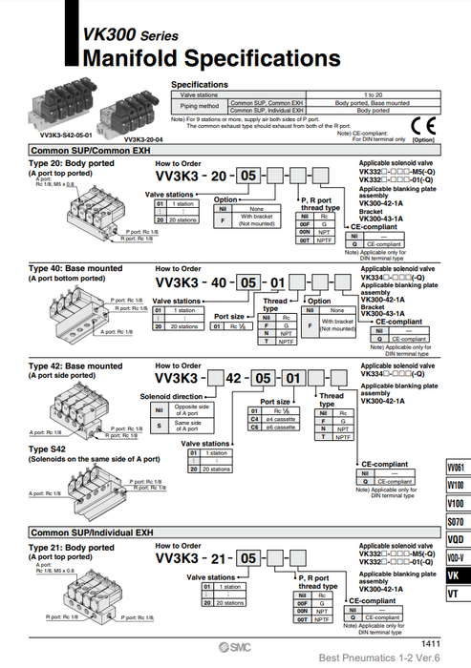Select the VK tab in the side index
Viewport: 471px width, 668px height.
tap(457, 575)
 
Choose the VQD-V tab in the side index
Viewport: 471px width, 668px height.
tap(457, 557)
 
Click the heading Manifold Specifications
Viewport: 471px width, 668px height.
tap(211, 58)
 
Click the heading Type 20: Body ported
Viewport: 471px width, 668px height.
tap(72, 163)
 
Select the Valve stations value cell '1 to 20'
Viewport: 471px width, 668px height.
tap(374, 94)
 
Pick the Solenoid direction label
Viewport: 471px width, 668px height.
tap(172, 396)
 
